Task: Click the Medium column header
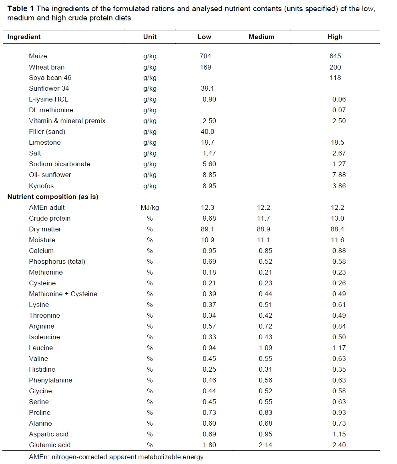tap(261, 37)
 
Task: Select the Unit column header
tap(150, 37)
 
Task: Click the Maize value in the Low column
tap(205, 56)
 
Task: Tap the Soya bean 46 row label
tap(50, 78)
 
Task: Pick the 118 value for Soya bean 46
tap(335, 78)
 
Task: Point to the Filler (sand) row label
tap(47, 131)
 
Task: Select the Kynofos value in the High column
tap(339, 186)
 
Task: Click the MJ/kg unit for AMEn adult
tap(150, 207)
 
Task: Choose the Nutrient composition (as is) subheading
tap(53, 197)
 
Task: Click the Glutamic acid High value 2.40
tap(339, 445)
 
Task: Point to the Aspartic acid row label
tap(49, 434)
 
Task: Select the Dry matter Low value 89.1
tap(209, 229)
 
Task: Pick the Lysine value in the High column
tap(339, 305)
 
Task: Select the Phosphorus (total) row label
tap(57, 261)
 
